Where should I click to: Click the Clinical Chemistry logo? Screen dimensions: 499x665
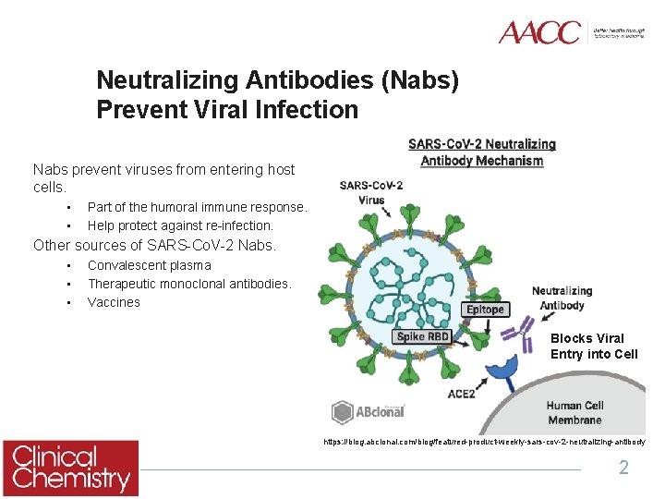(70, 469)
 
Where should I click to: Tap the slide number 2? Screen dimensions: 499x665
(623, 468)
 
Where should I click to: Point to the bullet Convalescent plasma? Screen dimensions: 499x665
(149, 265)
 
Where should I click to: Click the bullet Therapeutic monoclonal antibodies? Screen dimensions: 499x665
(189, 284)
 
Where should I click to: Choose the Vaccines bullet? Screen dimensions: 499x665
(114, 302)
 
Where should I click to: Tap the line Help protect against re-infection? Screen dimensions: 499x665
(180, 225)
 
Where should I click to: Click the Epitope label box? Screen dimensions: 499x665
(485, 310)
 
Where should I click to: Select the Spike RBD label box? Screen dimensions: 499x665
(422, 336)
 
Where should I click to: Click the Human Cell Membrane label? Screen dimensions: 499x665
(574, 412)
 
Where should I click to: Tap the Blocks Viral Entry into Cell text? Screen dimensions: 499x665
(593, 347)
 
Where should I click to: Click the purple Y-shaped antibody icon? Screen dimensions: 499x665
(525, 333)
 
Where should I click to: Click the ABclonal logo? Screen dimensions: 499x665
(369, 411)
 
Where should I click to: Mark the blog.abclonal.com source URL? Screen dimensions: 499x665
(484, 443)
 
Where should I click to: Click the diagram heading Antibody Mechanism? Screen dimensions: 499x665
(481, 161)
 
